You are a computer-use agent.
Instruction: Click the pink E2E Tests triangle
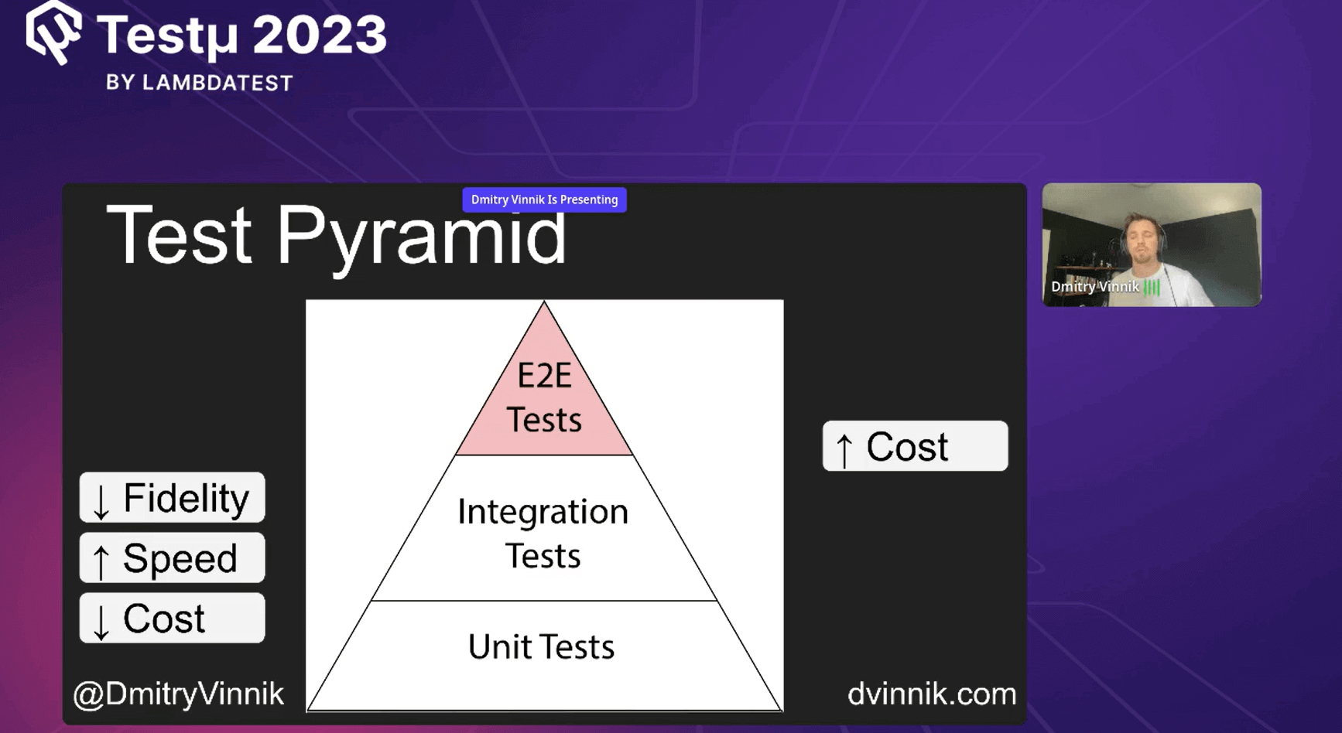click(544, 398)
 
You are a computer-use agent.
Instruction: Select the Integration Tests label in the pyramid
click(543, 534)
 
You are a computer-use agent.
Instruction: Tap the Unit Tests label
click(541, 647)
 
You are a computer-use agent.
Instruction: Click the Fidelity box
click(172, 498)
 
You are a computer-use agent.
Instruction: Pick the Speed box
click(172, 558)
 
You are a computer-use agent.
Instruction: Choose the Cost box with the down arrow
click(172, 619)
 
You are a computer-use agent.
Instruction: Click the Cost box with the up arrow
click(915, 447)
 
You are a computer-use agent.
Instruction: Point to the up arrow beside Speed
click(101, 561)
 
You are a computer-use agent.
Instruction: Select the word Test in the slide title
click(180, 234)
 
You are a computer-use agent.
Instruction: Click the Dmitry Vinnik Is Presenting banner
click(544, 199)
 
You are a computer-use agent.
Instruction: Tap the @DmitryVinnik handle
click(179, 694)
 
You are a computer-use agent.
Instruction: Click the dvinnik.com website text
click(932, 694)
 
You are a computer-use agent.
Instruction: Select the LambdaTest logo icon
click(54, 32)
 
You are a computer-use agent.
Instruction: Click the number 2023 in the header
click(319, 35)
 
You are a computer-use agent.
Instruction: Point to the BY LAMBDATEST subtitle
click(200, 83)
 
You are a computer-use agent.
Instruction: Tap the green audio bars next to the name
click(1152, 288)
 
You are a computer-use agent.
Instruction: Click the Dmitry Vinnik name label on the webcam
click(1094, 287)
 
